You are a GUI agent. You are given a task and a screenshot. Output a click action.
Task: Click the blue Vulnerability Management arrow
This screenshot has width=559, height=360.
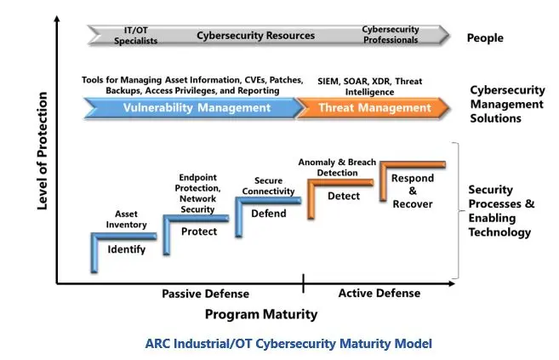194,107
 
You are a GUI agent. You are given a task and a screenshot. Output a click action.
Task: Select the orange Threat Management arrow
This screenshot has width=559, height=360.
374,107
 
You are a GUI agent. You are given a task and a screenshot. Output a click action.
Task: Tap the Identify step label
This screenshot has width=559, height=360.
127,249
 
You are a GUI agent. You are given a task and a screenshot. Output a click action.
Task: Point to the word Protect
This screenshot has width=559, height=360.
199,231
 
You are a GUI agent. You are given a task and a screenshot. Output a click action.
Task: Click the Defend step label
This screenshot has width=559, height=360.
269,214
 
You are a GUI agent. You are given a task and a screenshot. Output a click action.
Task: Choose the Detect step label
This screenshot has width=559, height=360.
344,196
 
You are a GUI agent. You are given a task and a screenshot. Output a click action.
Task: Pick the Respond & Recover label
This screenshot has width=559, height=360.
413,191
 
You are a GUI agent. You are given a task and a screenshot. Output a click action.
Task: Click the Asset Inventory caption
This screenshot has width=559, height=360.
126,220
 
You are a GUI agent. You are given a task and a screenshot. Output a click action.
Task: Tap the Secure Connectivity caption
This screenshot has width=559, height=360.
268,186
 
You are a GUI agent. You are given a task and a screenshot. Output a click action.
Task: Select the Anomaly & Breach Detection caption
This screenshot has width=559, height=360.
337,167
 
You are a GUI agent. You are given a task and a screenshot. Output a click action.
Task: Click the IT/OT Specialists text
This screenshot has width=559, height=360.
135,36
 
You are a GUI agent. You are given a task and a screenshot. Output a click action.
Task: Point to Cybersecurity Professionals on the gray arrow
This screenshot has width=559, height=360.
391,35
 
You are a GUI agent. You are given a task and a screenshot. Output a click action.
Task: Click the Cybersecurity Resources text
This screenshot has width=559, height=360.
255,36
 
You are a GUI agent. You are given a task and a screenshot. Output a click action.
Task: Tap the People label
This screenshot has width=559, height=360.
485,37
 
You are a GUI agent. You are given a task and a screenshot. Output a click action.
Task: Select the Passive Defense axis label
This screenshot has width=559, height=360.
205,294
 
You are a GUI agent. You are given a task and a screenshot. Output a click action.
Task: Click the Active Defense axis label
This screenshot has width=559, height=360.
379,294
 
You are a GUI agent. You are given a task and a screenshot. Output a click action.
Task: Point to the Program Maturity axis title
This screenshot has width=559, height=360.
261,314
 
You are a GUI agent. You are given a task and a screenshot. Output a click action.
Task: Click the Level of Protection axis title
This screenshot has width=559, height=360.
42,151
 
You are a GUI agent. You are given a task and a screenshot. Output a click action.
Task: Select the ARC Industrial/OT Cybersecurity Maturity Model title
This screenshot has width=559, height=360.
288,344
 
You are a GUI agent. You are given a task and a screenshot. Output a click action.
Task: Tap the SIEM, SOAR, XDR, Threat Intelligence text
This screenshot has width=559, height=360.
370,87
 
